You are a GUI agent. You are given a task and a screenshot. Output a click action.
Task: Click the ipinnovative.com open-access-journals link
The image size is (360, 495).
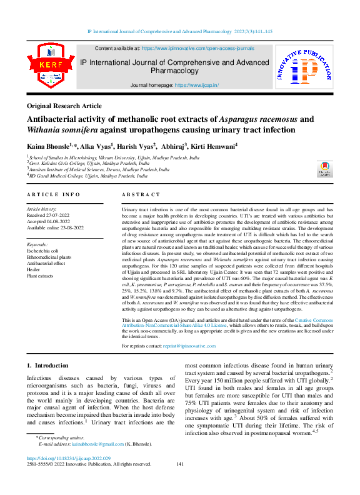pos(197,48)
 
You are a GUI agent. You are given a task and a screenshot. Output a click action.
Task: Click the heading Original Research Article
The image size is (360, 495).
pos(64,106)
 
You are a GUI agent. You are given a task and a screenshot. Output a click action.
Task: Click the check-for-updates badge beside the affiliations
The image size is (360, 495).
pos(325,169)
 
